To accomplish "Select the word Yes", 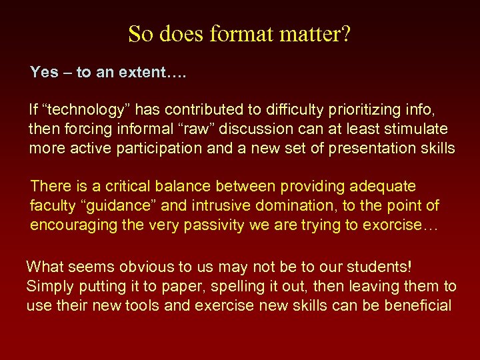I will (44, 72).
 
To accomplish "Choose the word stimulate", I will (411, 128).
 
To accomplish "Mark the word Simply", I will (49, 287).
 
